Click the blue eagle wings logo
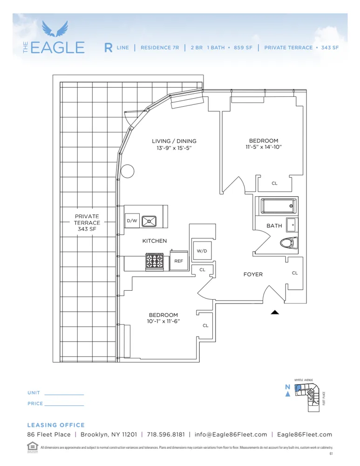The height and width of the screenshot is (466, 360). [55, 29]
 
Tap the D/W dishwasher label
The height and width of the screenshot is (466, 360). [132, 221]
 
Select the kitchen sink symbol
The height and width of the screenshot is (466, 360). [149, 220]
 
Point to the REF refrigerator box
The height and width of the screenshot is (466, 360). [179, 261]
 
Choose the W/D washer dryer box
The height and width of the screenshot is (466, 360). [202, 251]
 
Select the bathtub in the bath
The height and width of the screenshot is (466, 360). [276, 206]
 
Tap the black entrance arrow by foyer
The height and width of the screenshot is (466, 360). [275, 313]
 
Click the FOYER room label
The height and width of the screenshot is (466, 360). [253, 274]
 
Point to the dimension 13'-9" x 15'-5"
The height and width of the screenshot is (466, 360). [174, 148]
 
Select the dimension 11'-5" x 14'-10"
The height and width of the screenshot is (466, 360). [264, 147]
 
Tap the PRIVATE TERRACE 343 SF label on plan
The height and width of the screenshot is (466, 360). [87, 223]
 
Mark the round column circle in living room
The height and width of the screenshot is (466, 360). [127, 172]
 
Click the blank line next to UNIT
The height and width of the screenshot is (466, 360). [64, 395]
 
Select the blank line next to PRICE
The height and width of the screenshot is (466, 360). [64, 405]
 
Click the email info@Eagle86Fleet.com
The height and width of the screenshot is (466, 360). [231, 434]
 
